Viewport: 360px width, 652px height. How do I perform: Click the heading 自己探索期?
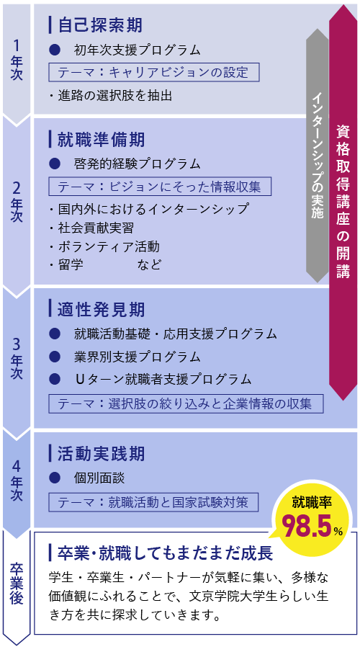pyautogui.click(x=100, y=25)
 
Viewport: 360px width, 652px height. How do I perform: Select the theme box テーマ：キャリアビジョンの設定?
pyautogui.click(x=154, y=72)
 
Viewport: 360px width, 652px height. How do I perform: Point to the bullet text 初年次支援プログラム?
pyautogui.click(x=138, y=50)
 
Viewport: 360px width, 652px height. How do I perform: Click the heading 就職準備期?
pyautogui.click(x=102, y=139)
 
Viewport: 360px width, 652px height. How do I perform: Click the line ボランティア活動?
pyautogui.click(x=108, y=246)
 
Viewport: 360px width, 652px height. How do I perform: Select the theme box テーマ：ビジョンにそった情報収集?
pyautogui.click(x=160, y=187)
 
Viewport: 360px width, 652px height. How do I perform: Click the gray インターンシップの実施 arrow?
pyautogui.click(x=318, y=155)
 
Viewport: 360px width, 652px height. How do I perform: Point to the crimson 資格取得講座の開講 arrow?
pyautogui.click(x=343, y=202)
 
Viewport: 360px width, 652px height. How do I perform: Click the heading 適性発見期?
pyautogui.click(x=102, y=309)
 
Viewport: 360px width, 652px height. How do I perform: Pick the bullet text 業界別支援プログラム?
pyautogui.click(x=138, y=357)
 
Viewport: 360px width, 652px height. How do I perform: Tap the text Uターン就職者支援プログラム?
pyautogui.click(x=163, y=379)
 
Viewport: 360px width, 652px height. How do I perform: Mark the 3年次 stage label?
pyautogui.click(x=17, y=359)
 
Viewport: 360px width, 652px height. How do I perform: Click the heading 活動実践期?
pyautogui.click(x=102, y=454)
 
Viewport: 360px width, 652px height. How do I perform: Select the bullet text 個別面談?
pyautogui.click(x=99, y=478)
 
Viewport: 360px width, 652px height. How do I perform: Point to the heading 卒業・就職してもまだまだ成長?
pyautogui.click(x=165, y=553)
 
